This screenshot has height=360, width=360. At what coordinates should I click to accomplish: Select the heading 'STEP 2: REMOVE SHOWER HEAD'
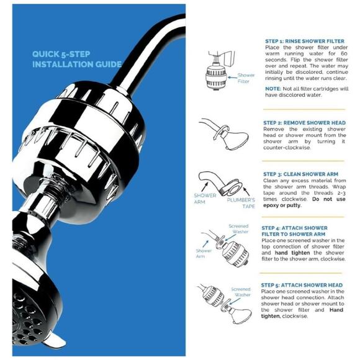point(302,123)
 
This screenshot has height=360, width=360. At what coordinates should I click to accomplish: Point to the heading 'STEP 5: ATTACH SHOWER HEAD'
point(302,285)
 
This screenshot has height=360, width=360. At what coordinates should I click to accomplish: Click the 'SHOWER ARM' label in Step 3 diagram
point(205,199)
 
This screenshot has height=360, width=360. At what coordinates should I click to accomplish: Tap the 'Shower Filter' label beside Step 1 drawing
point(246,78)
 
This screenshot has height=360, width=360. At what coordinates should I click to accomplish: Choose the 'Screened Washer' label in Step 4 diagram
point(238,229)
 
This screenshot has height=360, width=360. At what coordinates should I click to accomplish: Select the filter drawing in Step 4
point(234,251)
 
